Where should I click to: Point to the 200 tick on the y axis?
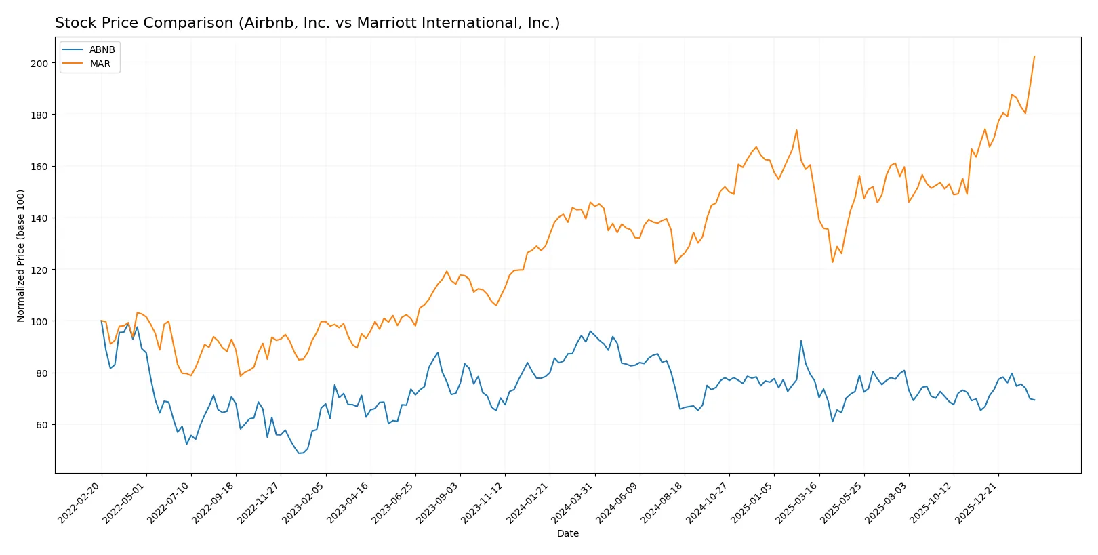(40, 63)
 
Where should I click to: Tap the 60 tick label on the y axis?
(42, 425)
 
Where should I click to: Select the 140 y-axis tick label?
(40, 218)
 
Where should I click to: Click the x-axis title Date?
(567, 533)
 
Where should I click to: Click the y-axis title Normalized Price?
(21, 255)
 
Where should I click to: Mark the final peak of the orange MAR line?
(1034, 56)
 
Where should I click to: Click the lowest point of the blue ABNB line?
(300, 453)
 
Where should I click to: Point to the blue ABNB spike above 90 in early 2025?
(801, 341)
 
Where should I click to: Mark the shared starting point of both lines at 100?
(102, 321)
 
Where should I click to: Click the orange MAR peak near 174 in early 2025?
(796, 130)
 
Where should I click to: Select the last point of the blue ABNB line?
(1034, 400)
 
